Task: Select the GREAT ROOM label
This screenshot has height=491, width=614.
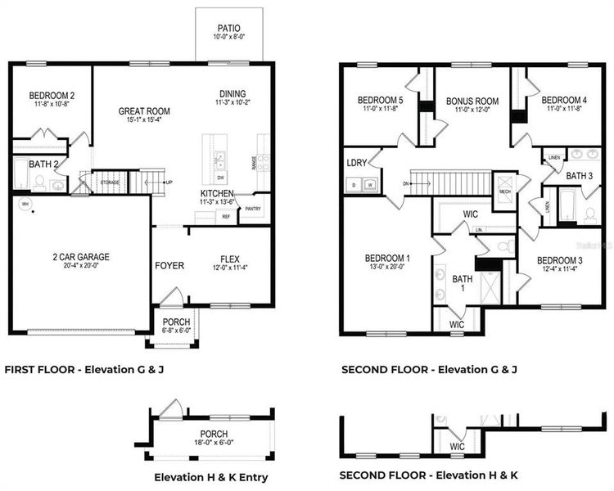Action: point(144,111)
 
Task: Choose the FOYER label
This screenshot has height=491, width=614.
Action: point(169,266)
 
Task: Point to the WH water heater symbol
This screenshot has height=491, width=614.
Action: point(25,204)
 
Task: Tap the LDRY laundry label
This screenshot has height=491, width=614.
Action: point(356,162)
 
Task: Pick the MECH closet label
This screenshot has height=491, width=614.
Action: point(504,192)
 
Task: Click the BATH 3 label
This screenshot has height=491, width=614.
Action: point(580,176)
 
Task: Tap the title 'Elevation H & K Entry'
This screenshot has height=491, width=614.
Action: point(210,477)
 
